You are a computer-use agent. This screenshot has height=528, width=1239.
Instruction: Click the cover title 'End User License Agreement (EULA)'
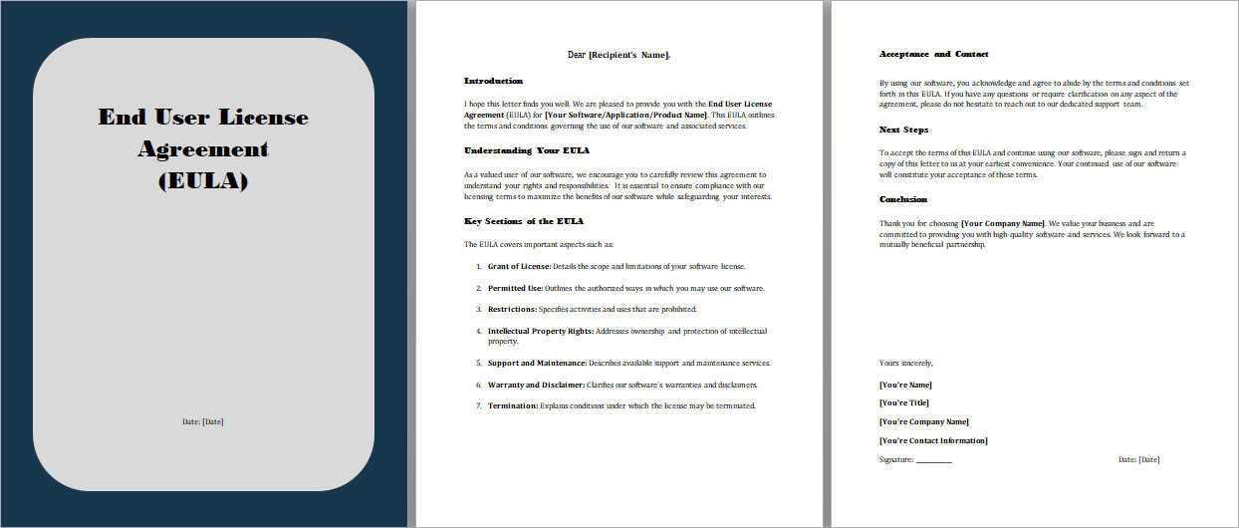pos(203,148)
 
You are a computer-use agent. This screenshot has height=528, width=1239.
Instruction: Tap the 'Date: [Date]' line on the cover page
pos(203,421)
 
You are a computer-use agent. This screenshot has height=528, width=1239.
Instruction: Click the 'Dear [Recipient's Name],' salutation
pos(619,55)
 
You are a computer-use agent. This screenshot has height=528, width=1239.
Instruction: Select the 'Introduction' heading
pos(493,81)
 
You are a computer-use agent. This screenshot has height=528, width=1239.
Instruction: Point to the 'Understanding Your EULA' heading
pos(527,150)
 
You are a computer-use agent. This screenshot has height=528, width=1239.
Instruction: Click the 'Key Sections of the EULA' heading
pos(524,221)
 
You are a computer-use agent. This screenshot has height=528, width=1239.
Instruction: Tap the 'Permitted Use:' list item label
pos(515,288)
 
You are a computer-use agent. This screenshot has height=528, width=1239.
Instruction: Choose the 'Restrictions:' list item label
pos(512,309)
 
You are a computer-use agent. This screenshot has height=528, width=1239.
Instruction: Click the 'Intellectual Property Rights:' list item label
pos(540,331)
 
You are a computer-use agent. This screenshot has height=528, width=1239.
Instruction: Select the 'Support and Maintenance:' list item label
pos(537,364)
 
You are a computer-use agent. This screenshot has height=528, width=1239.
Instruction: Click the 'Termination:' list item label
pos(512,405)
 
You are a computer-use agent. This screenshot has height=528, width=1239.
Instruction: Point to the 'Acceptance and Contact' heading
pos(934,54)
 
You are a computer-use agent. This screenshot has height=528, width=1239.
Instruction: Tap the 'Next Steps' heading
pos(903,130)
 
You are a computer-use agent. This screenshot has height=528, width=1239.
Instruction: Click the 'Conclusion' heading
pos(903,199)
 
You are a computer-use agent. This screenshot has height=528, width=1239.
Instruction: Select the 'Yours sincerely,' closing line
pos(906,364)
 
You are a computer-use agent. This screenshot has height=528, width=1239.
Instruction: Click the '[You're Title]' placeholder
pos(904,402)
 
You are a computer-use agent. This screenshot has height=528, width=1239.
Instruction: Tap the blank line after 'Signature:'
pos(933,460)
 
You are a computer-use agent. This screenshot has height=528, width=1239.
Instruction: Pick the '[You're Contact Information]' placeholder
pos(933,440)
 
